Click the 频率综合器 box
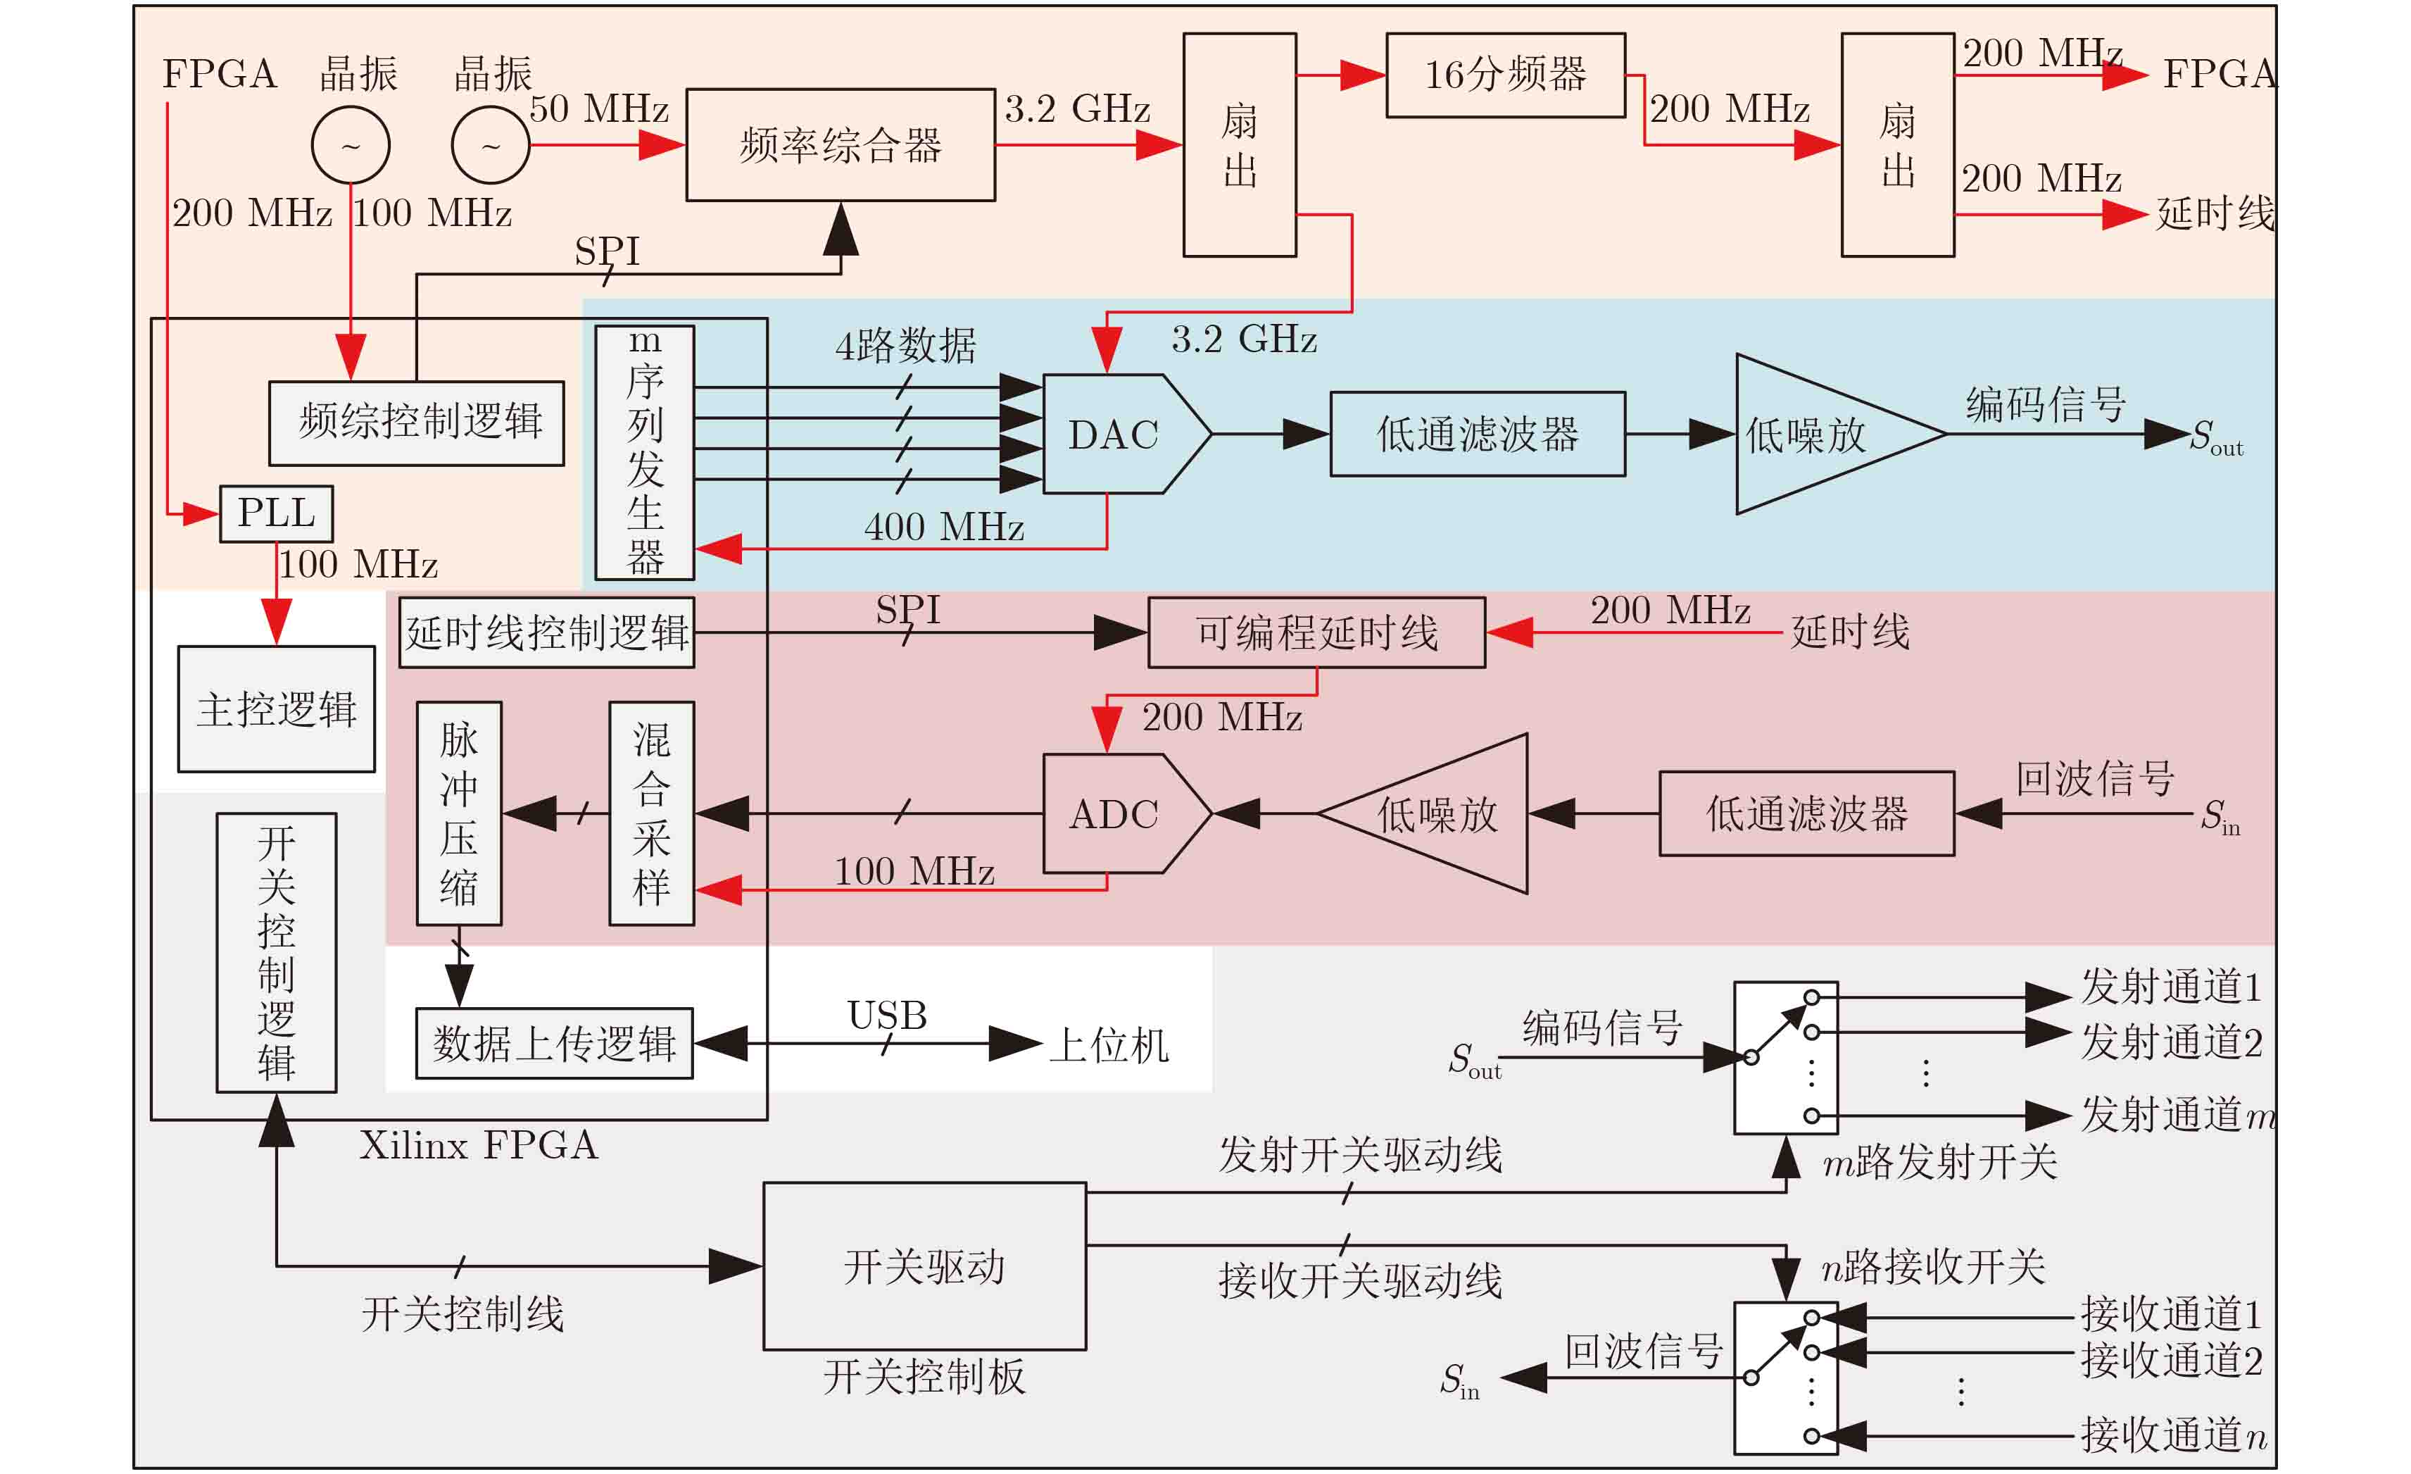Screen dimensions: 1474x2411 coord(840,145)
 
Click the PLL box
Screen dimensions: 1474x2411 coord(276,513)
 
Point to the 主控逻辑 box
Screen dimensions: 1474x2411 coord(276,708)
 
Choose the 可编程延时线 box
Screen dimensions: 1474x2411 coord(1316,632)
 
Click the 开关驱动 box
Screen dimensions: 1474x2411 coord(924,1266)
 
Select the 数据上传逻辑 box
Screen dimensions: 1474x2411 coord(554,1043)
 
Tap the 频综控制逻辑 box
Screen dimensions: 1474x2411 coord(417,423)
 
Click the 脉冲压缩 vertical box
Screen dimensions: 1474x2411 coord(459,813)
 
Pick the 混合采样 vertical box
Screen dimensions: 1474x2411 coord(652,813)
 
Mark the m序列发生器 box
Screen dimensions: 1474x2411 coord(645,452)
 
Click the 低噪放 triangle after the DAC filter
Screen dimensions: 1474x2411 coord(1811,434)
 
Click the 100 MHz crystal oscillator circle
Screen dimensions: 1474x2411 coord(351,145)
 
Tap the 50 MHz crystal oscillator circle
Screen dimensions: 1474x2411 coord(490,145)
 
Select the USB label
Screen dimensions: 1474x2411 coord(886,1015)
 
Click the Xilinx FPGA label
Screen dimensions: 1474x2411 coord(477,1144)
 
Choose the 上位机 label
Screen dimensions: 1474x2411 coord(1109,1044)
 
